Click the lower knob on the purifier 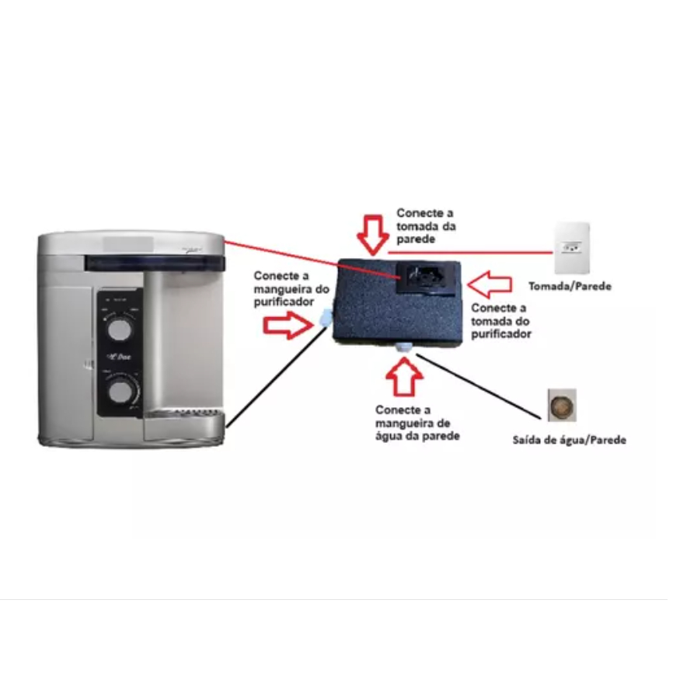pos(120,390)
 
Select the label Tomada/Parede pos(569,286)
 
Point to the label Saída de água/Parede pos(569,440)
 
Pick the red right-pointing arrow pos(286,323)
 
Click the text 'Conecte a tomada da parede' pos(426,225)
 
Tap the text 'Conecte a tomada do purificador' pos(501,320)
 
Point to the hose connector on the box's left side pos(326,314)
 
